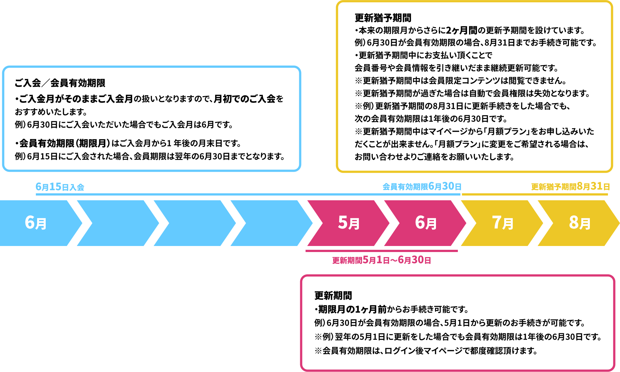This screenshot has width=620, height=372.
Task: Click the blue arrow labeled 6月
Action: [36, 223]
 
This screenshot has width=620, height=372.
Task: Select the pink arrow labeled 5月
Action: [348, 223]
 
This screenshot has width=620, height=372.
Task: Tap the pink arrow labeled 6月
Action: [425, 223]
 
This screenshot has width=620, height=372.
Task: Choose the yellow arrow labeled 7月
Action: [502, 223]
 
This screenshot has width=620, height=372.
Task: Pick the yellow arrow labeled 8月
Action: [579, 223]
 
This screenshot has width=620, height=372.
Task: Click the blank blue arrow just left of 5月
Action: [270, 223]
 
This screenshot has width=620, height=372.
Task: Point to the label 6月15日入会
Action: [60, 187]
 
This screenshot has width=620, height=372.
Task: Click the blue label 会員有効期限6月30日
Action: [422, 187]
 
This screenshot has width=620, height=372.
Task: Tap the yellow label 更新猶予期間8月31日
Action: [570, 187]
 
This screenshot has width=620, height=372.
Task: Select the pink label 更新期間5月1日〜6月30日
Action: [381, 260]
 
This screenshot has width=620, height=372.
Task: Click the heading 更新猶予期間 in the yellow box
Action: [383, 18]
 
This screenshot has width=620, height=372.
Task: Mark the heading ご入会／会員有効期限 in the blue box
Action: [60, 83]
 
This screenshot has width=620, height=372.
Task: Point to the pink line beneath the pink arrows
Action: [381, 251]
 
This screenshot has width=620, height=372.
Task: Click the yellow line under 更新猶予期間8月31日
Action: [535, 194]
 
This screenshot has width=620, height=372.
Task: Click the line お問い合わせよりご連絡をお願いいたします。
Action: [434, 157]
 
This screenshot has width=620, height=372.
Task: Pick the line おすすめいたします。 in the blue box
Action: [51, 112]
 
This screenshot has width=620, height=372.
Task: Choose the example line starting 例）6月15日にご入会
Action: [149, 156]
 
